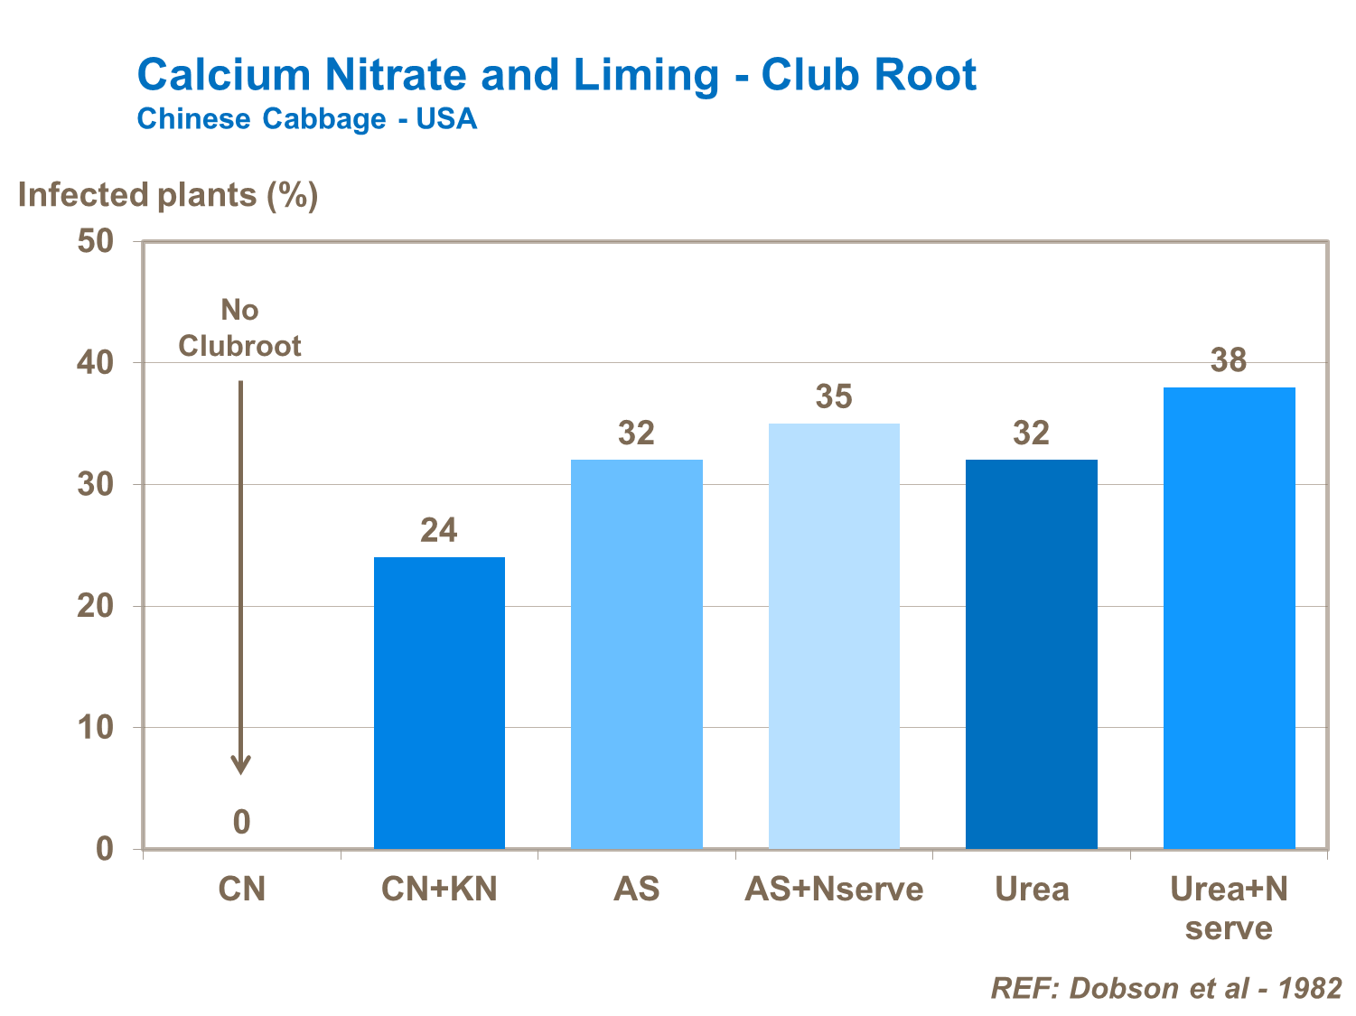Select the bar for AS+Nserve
coord(834,636)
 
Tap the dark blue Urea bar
coord(1032,654)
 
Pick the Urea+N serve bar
coord(1229,618)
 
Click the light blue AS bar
coord(637,654)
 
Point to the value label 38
coord(1229,360)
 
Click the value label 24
coord(439,530)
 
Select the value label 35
coord(834,396)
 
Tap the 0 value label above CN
coord(241,822)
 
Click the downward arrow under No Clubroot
coord(241,578)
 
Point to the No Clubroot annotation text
coord(239,328)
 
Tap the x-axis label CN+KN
coord(439,890)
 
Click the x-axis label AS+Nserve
coord(834,890)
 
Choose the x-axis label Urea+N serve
coord(1229,909)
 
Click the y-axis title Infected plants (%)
coord(168,195)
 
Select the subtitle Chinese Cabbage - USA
coord(306,119)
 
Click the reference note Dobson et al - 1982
coord(1166,988)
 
